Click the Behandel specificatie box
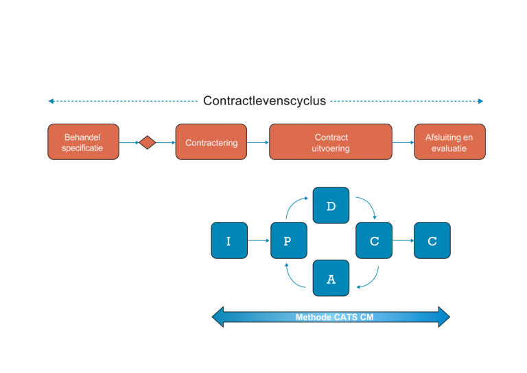(x=83, y=142)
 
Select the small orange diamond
(x=147, y=142)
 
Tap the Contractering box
(x=211, y=142)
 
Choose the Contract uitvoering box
(x=331, y=142)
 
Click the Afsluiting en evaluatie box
(x=449, y=142)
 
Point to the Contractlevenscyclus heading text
(x=264, y=101)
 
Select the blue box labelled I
(x=229, y=240)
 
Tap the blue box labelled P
(x=288, y=240)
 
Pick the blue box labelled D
(x=331, y=205)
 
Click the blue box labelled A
(x=331, y=278)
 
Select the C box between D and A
(x=374, y=240)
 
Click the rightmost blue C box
(x=432, y=240)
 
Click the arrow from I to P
(x=259, y=240)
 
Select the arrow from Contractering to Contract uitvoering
(x=257, y=142)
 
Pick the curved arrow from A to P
(x=293, y=277)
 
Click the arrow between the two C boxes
(x=403, y=240)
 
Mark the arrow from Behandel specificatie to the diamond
(x=129, y=143)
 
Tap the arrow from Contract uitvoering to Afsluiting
(x=403, y=142)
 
